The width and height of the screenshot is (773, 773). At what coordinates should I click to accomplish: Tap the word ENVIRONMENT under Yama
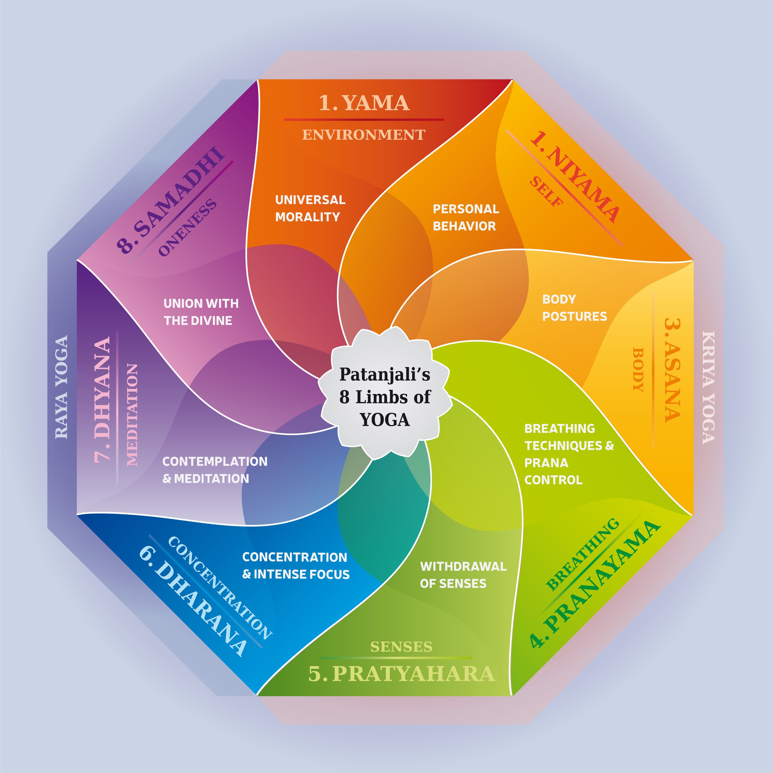click(x=363, y=135)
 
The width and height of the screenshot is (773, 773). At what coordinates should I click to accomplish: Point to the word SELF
click(x=547, y=192)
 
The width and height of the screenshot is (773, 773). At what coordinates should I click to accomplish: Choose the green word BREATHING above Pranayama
click(x=582, y=554)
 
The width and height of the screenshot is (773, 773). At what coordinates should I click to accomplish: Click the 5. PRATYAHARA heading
click(x=402, y=674)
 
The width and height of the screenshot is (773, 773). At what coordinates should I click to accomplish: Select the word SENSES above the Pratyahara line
click(x=401, y=647)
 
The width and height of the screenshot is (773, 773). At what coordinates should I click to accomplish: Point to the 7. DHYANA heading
click(x=102, y=400)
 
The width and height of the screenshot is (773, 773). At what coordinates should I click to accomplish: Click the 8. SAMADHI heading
click(x=170, y=200)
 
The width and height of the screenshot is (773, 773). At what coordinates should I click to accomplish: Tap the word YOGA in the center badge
click(x=385, y=420)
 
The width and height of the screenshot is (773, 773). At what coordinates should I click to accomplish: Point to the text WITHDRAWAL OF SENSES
click(x=463, y=575)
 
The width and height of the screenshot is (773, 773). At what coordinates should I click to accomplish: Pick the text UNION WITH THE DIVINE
click(x=201, y=312)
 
